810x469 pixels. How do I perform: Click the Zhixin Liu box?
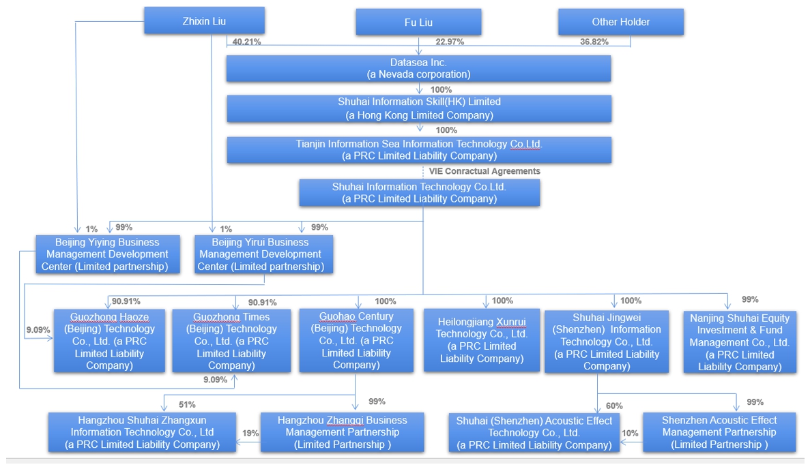[x=204, y=21]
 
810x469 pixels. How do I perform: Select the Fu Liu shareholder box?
[x=418, y=22]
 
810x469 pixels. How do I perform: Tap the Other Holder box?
[x=620, y=22]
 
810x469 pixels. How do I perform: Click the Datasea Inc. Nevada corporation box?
[x=418, y=68]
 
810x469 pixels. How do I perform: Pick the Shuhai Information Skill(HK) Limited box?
[x=419, y=108]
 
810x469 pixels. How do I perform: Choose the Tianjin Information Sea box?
[x=419, y=150]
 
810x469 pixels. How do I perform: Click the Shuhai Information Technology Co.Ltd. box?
[x=419, y=192]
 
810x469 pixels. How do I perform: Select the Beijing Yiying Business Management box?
[x=107, y=254]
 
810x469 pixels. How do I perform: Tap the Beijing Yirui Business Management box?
[x=263, y=254]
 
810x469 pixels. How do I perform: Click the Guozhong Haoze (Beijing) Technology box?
[x=109, y=341]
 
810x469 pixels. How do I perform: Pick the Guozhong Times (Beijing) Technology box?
[x=231, y=341]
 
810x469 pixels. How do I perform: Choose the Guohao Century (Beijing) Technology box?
[x=356, y=340]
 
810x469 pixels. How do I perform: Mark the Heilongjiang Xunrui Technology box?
[x=482, y=340]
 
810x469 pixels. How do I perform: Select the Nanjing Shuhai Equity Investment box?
[x=739, y=342]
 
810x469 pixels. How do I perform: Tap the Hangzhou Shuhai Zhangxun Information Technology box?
[x=142, y=432]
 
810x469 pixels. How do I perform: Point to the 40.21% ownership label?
[x=246, y=42]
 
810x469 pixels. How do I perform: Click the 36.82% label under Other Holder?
[x=594, y=42]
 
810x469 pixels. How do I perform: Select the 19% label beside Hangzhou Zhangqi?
[x=250, y=432]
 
